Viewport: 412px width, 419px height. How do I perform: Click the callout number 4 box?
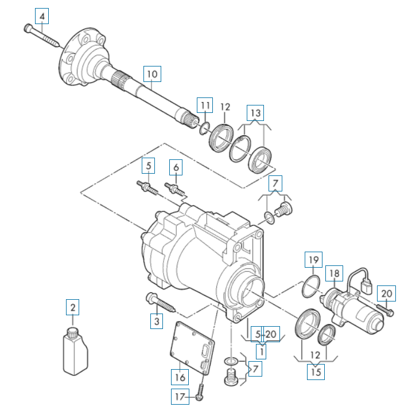pos(42,16)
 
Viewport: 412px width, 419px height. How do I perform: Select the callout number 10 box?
pos(152,74)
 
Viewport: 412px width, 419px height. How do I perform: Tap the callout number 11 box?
pos(205,105)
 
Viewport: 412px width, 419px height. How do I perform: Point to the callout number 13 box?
pos(255,113)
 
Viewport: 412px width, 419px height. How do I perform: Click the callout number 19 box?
pos(313,260)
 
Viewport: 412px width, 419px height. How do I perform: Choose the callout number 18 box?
pos(334,273)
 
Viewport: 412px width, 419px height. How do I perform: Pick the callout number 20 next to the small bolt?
pos(386,293)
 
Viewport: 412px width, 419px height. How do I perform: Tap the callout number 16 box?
pos(180,377)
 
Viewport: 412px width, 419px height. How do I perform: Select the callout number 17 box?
pos(180,397)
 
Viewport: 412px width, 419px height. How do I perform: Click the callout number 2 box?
pos(73,307)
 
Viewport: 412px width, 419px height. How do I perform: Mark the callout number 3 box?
pos(157,320)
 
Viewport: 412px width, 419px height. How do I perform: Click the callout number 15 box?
pos(316,372)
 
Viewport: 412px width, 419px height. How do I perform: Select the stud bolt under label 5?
pos(147,187)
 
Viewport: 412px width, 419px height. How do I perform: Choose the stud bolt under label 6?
pos(174,189)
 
